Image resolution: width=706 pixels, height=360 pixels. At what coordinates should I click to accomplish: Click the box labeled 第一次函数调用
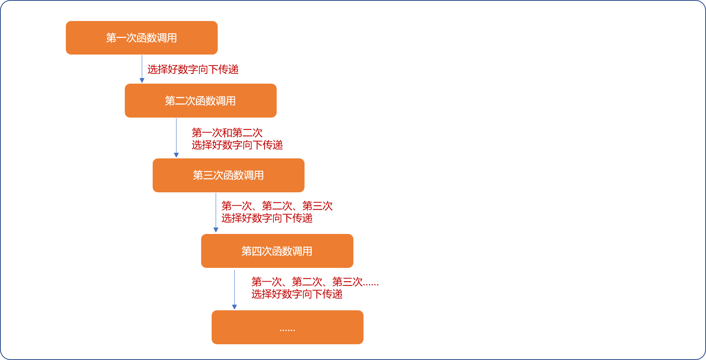(142, 38)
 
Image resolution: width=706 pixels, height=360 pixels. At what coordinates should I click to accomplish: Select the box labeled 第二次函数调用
(201, 101)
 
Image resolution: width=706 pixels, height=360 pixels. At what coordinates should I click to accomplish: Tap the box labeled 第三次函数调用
(229, 175)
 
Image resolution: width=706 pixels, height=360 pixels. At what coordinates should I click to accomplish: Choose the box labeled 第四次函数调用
(277, 251)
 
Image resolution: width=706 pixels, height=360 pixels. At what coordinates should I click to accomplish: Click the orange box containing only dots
(288, 327)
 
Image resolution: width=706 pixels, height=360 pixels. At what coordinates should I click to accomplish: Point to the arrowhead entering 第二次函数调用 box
(142, 80)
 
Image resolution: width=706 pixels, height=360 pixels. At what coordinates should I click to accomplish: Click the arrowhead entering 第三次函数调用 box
(176, 155)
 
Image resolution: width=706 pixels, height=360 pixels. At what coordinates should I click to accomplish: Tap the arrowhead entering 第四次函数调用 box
(216, 230)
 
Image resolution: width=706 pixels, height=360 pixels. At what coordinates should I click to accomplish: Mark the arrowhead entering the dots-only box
(234, 307)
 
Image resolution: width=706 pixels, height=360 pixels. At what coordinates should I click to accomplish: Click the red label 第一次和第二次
(227, 133)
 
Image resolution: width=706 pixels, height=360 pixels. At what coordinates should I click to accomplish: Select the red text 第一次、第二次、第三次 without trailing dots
(277, 206)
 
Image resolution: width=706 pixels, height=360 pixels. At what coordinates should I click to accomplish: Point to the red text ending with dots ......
(315, 282)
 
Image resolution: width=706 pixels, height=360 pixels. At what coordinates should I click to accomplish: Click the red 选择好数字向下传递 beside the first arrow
(193, 69)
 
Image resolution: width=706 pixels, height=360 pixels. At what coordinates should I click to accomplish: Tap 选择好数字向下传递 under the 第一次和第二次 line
(237, 145)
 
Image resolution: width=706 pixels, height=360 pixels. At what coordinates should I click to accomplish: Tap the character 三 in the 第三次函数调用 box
(208, 175)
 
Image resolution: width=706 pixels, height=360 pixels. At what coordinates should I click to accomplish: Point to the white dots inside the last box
(287, 330)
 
